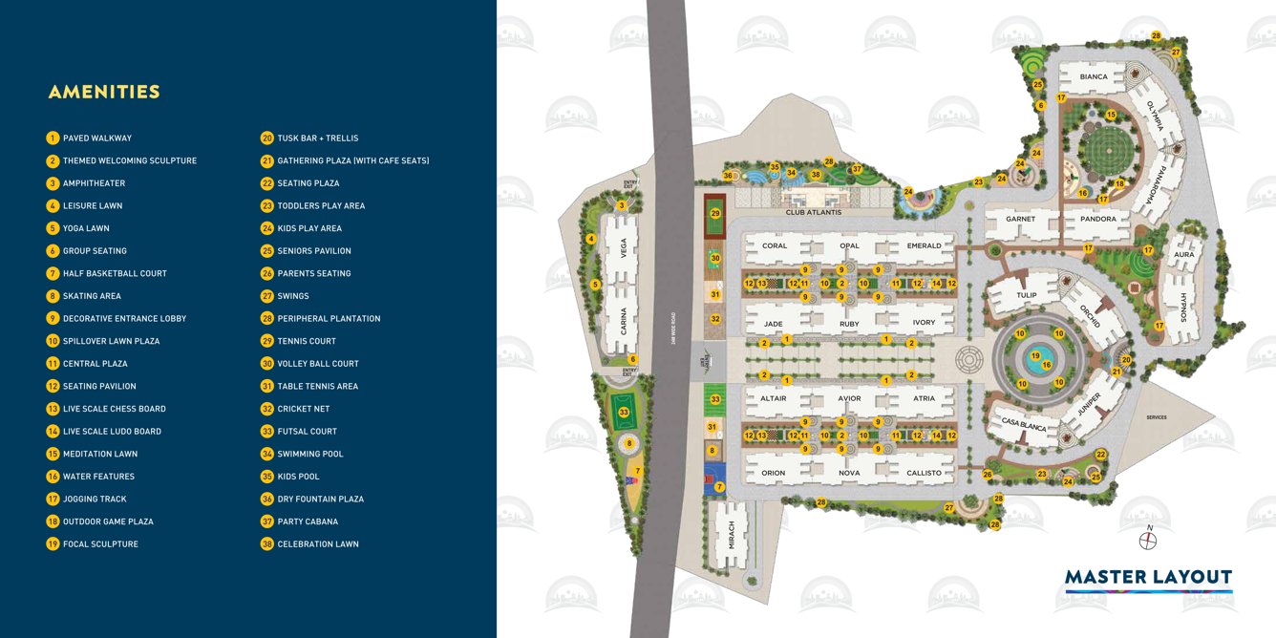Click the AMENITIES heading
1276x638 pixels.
(104, 93)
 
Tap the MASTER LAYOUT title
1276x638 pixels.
(1148, 577)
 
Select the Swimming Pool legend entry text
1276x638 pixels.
(310, 454)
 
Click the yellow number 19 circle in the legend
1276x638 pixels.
(53, 544)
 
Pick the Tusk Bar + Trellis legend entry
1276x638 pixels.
(317, 138)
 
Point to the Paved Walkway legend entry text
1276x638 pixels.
(97, 138)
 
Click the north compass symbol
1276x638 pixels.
(1148, 539)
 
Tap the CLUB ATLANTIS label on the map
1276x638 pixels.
(814, 212)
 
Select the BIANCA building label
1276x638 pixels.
(1094, 77)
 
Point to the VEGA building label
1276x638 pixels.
(624, 248)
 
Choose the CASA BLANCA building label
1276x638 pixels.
(1024, 424)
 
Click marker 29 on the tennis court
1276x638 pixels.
(715, 213)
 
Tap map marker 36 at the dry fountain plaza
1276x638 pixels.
(728, 176)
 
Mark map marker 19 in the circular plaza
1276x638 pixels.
(1035, 356)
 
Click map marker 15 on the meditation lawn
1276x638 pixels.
(1111, 115)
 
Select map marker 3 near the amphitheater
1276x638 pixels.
(622, 205)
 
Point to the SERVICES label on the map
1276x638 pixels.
(1157, 417)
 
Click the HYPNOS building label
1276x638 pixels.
(1182, 307)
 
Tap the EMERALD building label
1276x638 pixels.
(924, 245)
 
